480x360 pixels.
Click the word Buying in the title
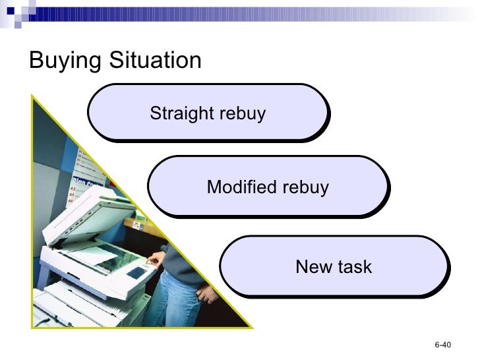click(x=65, y=61)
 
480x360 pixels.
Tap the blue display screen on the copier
click(x=137, y=271)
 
